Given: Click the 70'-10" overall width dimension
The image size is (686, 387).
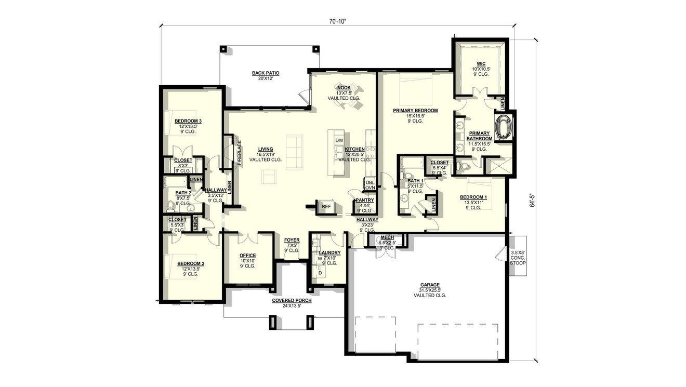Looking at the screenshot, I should (337, 21).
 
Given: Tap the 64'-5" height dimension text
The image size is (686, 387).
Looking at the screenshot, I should (531, 201).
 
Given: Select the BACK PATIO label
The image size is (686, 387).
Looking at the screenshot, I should (266, 73).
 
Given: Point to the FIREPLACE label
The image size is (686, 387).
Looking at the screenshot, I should (240, 152).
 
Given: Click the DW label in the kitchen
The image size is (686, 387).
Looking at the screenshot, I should (339, 141).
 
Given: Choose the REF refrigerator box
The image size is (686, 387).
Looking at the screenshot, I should (326, 206).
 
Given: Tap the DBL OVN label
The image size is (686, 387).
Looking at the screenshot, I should (370, 185).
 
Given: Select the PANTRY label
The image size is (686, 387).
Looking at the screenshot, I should (364, 200).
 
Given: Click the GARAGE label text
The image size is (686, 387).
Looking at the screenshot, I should (430, 285).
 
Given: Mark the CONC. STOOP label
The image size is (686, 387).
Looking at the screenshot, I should (518, 258).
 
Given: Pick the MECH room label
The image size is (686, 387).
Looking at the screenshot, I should (387, 237).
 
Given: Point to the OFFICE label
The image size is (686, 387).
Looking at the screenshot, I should (247, 256).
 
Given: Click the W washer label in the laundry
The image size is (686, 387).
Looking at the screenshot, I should (320, 259).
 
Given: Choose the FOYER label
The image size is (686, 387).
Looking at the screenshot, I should (292, 240).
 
